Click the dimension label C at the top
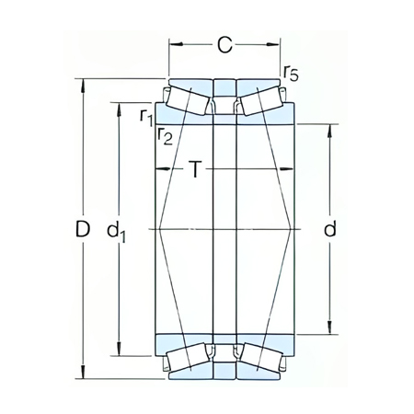pos(224,42)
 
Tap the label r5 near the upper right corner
pos(291,73)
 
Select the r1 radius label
pos(145,115)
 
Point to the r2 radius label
pos(165,137)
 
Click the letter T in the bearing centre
pos(195,169)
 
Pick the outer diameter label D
pos(82,229)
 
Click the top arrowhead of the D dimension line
pos(84,84)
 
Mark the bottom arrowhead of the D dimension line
pos(84,374)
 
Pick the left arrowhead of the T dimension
pos(159,169)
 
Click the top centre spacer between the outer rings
pos(224,87)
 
